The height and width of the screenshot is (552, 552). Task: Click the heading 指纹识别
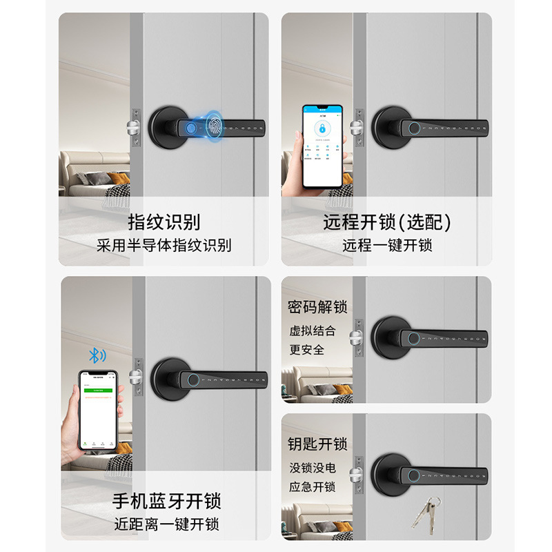tap(164, 222)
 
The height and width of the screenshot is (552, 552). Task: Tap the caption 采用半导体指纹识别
tap(164, 245)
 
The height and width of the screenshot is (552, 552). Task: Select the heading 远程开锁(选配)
tap(386, 222)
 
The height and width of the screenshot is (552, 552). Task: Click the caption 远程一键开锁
tap(386, 245)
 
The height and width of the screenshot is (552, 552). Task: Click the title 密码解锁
tap(317, 307)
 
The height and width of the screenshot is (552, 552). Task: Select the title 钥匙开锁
tap(317, 444)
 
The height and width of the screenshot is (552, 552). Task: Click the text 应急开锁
tap(313, 486)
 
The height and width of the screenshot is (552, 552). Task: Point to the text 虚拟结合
tap(313, 331)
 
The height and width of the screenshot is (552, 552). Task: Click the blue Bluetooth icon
tap(97, 355)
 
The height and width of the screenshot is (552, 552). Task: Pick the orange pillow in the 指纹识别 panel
tap(119, 179)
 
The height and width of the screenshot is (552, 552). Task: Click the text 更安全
tap(307, 349)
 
